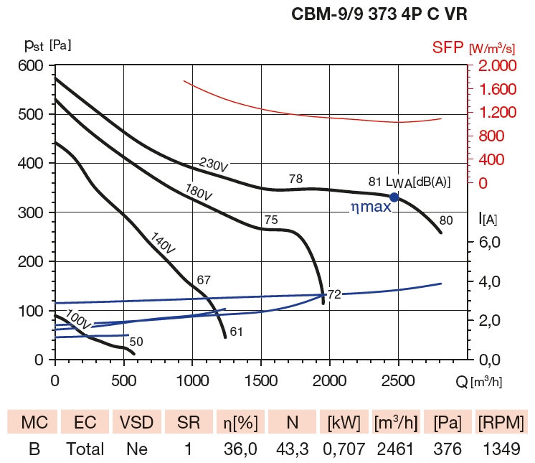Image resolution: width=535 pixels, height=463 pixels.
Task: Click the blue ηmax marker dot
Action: tap(394, 197)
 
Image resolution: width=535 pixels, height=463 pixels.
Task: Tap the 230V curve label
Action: tap(213, 165)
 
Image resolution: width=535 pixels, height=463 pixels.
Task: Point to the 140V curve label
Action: tap(163, 243)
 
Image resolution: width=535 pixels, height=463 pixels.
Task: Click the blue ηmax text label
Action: tap(370, 207)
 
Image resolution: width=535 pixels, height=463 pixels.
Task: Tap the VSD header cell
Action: tap(136, 421)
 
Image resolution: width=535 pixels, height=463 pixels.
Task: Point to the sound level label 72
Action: tap(335, 294)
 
